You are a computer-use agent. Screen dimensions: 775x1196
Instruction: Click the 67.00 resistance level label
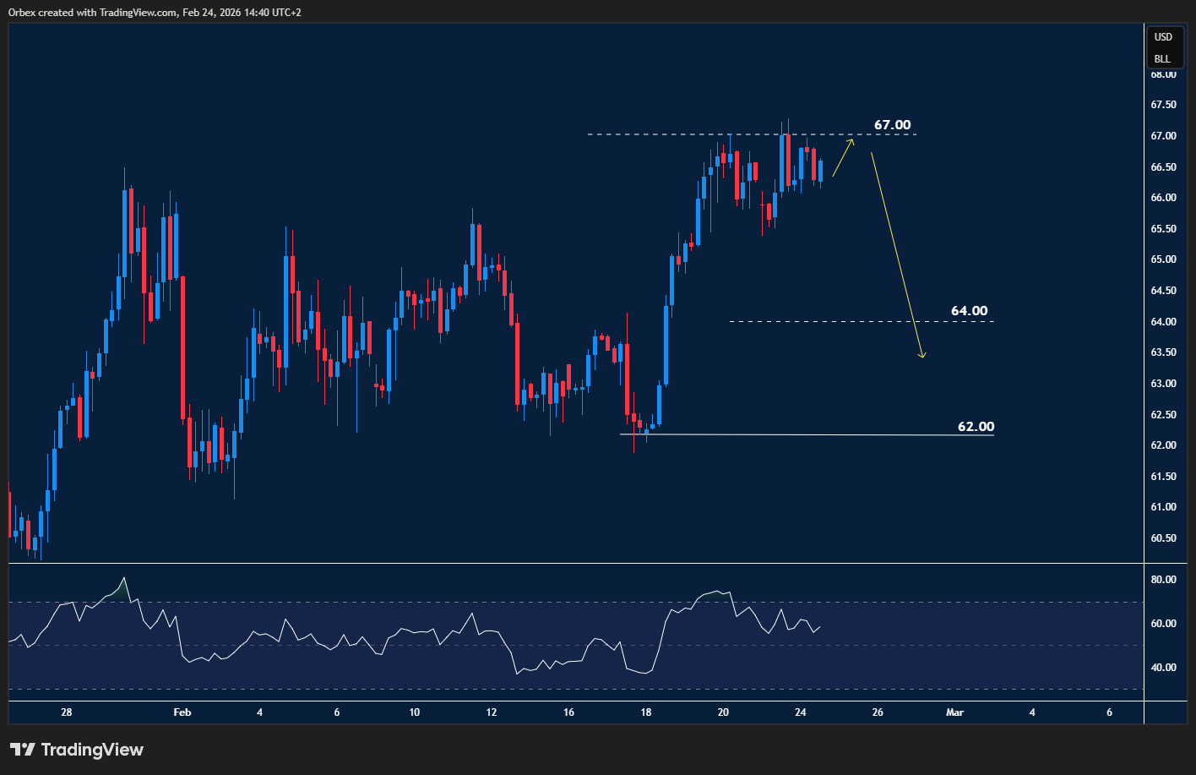tap(892, 125)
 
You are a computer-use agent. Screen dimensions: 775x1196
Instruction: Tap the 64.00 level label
tap(969, 311)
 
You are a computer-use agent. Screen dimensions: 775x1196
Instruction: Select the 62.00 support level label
tap(976, 427)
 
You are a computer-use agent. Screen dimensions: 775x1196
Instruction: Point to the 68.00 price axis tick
tap(1163, 74)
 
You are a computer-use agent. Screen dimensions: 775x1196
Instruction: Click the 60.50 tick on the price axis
tap(1163, 538)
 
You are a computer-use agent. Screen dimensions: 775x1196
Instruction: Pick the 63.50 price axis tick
tap(1163, 352)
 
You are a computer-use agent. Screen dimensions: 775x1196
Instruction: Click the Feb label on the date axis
tap(182, 712)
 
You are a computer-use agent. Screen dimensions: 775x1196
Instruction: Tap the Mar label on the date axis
tap(955, 712)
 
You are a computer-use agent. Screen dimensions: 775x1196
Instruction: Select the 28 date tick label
tap(67, 712)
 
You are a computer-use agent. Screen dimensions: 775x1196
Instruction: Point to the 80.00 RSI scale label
tap(1163, 580)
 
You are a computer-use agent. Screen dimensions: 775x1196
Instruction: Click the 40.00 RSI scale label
tap(1163, 668)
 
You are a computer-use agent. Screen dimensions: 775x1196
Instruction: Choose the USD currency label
tap(1163, 37)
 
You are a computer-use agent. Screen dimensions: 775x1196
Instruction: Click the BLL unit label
tap(1163, 59)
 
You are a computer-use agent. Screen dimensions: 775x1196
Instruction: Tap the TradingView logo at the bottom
tap(77, 750)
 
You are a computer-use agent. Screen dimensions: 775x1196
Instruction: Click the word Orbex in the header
tap(23, 13)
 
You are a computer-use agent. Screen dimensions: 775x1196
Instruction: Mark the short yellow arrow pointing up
tap(842, 158)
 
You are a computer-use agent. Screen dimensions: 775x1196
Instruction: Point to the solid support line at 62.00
tap(802, 434)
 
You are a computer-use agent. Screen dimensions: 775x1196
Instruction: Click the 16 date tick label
tap(568, 712)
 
